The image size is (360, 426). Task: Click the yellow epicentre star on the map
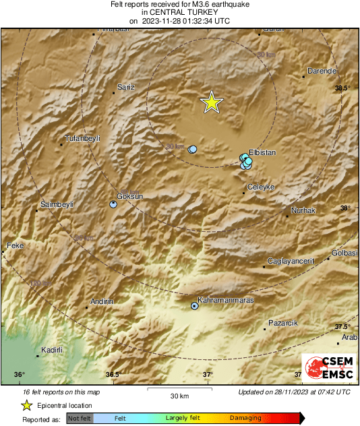coord(212,102)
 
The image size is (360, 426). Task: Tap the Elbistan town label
coord(263,153)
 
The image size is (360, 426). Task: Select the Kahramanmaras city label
coord(225,300)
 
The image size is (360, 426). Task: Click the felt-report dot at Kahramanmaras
coord(195,306)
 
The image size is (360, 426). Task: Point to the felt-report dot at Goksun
coord(113,204)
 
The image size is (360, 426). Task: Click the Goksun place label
coord(130,196)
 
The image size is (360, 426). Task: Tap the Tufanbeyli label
coord(82,138)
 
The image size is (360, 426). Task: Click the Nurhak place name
coord(303,211)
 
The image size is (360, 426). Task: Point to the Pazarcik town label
coord(282,324)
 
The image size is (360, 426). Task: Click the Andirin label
coord(101,301)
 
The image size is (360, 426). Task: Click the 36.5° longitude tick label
coord(113,375)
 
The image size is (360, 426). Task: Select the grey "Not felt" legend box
coord(80,418)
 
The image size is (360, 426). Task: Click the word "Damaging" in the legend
coord(245,418)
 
